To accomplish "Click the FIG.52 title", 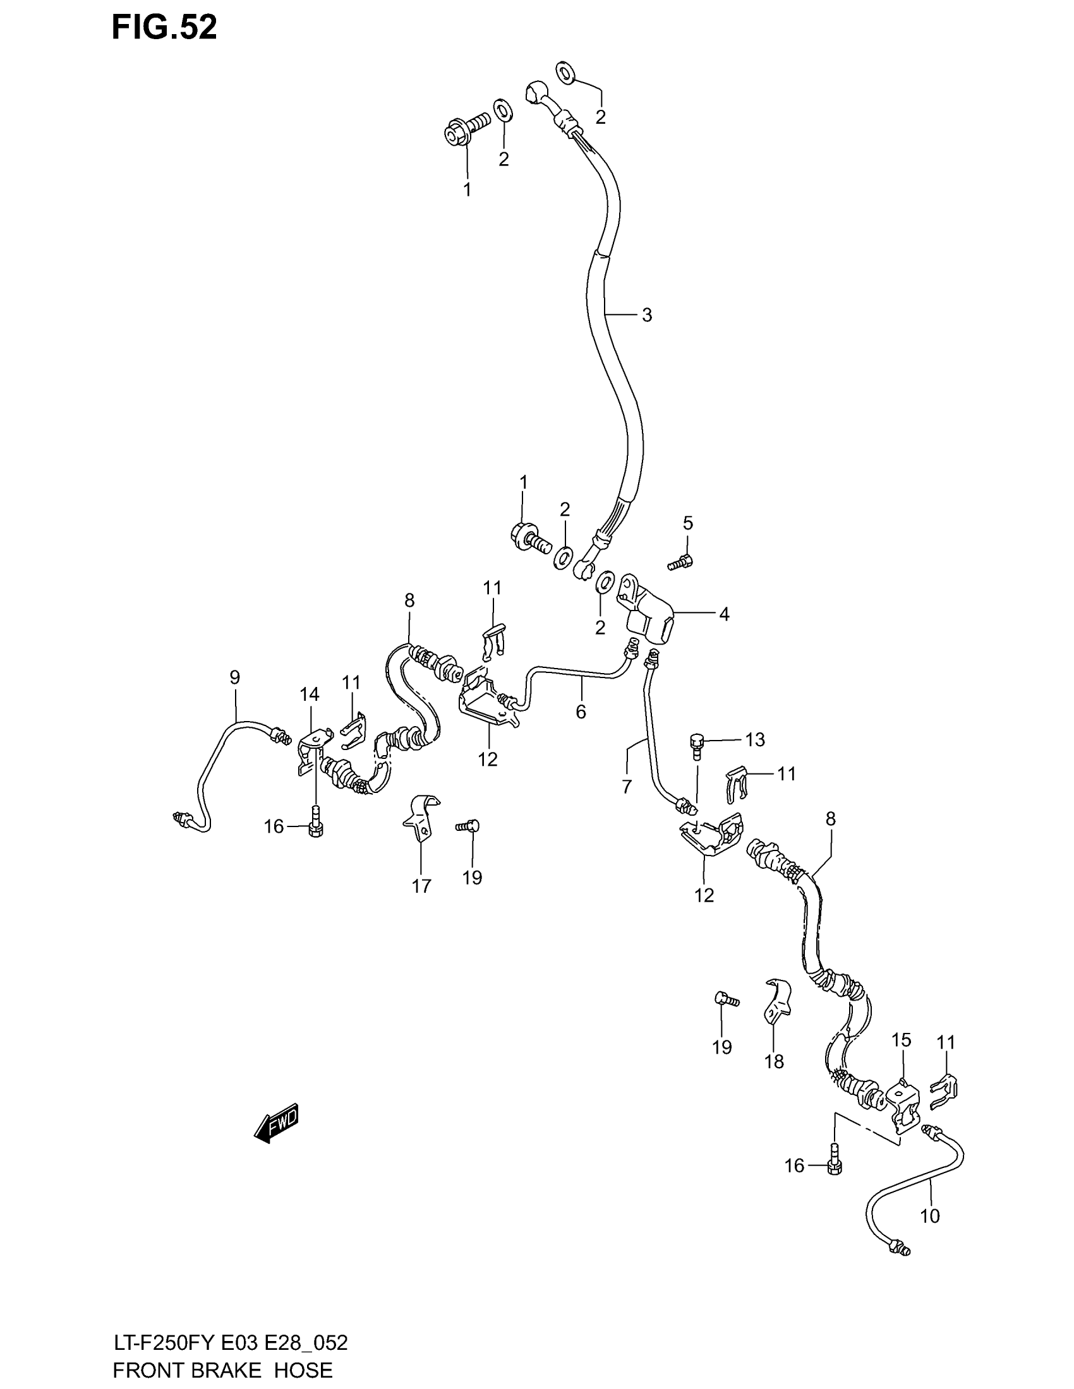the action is [x=164, y=28].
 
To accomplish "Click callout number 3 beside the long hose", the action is [x=646, y=315].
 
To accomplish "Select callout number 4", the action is [x=724, y=614].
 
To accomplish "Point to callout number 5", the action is [x=688, y=523].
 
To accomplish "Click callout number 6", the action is [x=581, y=712].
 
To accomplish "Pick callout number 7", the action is [x=627, y=787].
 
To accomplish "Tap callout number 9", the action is [x=235, y=677].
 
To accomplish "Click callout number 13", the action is [x=755, y=740].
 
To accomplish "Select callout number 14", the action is [x=310, y=694].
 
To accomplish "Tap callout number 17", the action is [x=421, y=886].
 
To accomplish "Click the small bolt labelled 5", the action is [x=680, y=562].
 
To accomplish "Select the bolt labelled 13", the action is [x=697, y=745].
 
